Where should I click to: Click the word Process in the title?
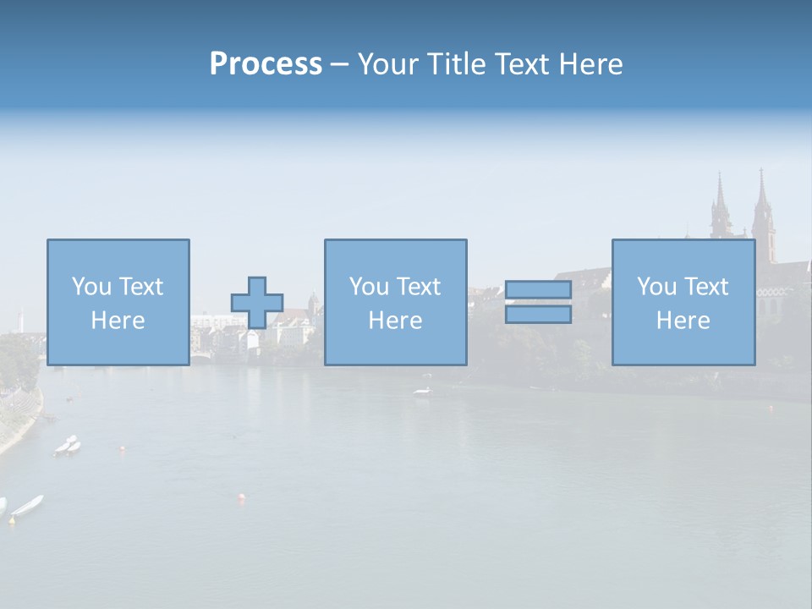pyautogui.click(x=266, y=64)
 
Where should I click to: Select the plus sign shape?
pyautogui.click(x=257, y=303)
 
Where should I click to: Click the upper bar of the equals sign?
pyautogui.click(x=538, y=290)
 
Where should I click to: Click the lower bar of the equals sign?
pyautogui.click(x=538, y=315)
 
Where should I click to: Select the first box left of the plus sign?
pyautogui.click(x=118, y=302)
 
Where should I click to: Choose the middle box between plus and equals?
pyautogui.click(x=395, y=302)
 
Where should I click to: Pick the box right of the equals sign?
pyautogui.click(x=683, y=302)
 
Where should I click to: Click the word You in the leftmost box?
pyautogui.click(x=91, y=287)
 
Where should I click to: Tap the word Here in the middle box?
pyautogui.click(x=395, y=321)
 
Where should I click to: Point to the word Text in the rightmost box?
pyautogui.click(x=706, y=287)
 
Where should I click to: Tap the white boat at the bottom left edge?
pyautogui.click(x=27, y=506)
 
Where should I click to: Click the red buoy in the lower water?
pyautogui.click(x=242, y=497)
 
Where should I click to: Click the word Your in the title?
pyautogui.click(x=387, y=64)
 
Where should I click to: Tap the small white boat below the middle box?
pyautogui.click(x=421, y=391)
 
